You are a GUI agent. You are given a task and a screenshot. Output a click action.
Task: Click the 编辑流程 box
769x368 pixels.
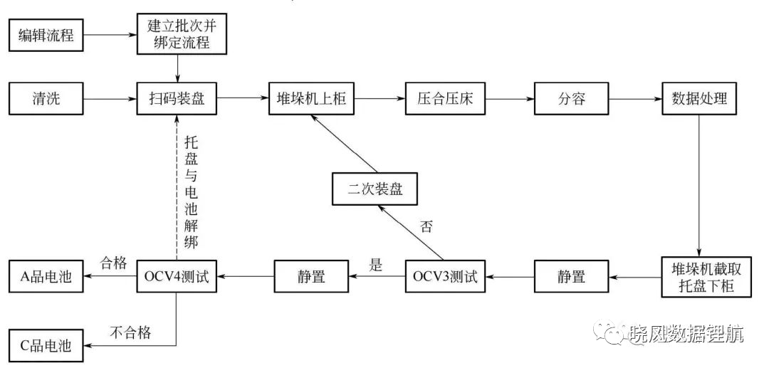46,36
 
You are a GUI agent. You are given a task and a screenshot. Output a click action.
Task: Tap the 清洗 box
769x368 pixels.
46,99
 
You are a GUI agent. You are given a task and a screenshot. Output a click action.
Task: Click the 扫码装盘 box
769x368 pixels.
177,99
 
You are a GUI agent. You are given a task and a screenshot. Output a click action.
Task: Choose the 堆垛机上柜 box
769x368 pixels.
312,99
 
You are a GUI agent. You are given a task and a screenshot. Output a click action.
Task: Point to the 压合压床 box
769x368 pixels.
445,99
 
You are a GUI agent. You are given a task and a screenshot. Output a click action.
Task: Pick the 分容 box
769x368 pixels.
571,99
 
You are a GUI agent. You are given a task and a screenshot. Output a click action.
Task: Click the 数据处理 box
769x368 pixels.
699,99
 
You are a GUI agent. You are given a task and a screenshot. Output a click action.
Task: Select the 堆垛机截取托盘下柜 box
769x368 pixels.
706,278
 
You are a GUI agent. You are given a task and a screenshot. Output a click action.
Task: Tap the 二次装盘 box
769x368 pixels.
375,189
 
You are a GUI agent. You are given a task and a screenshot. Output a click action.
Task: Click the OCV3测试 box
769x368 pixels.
445,277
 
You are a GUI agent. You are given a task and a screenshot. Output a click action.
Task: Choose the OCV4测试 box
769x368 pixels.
177,277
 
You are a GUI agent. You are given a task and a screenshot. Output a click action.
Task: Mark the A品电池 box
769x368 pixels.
46,277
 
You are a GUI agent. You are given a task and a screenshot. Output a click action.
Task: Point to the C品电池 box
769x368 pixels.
46,346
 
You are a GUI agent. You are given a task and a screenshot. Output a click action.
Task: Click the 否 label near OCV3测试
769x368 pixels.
427,227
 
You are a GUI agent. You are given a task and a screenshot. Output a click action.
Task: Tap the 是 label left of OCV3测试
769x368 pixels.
376,265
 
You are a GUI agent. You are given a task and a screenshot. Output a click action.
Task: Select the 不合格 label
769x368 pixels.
130,333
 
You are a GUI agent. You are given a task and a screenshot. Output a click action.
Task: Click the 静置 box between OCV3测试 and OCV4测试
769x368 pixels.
311,277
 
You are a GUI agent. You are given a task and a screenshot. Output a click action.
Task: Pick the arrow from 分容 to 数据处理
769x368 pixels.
635,99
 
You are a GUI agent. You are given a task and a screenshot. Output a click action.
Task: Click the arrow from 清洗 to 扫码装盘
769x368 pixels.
110,99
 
